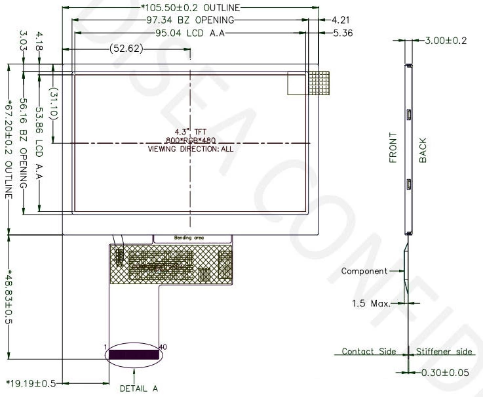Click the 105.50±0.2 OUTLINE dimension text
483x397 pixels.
point(190,7)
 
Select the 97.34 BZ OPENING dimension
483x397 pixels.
point(190,20)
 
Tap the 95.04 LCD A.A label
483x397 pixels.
point(190,33)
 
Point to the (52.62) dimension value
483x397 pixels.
point(126,49)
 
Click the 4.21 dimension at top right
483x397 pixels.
point(341,20)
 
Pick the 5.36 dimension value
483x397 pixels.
point(343,33)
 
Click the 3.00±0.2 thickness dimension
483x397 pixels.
point(446,41)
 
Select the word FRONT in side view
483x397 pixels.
point(393,148)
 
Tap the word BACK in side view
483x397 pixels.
point(423,150)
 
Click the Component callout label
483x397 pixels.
point(364,271)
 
